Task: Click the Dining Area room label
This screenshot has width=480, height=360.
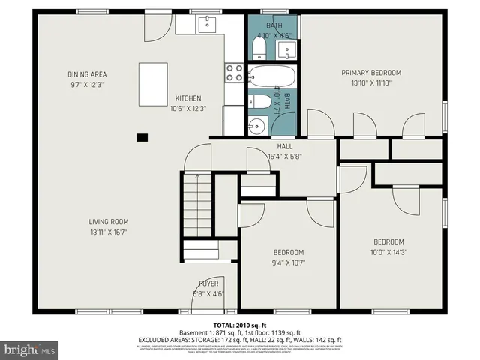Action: pyautogui.click(x=87, y=73)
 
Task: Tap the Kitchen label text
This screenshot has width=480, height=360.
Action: pyautogui.click(x=188, y=98)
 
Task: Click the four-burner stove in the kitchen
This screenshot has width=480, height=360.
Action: pyautogui.click(x=234, y=72)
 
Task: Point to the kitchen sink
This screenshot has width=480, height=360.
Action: pyautogui.click(x=208, y=25)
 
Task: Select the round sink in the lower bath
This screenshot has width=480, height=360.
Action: pyautogui.click(x=257, y=124)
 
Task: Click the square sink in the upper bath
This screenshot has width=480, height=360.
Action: pyautogui.click(x=285, y=50)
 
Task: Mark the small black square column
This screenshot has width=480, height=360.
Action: pyautogui.click(x=141, y=137)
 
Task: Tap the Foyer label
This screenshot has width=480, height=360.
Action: pyautogui.click(x=208, y=283)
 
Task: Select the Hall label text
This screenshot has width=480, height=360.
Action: pyautogui.click(x=285, y=146)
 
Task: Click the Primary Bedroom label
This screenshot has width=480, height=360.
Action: pyautogui.click(x=371, y=73)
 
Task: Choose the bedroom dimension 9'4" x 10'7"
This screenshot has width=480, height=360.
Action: pyautogui.click(x=289, y=262)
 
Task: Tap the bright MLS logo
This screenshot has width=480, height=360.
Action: pyautogui.click(x=30, y=349)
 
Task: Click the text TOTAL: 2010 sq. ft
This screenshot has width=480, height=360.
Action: pyautogui.click(x=239, y=323)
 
